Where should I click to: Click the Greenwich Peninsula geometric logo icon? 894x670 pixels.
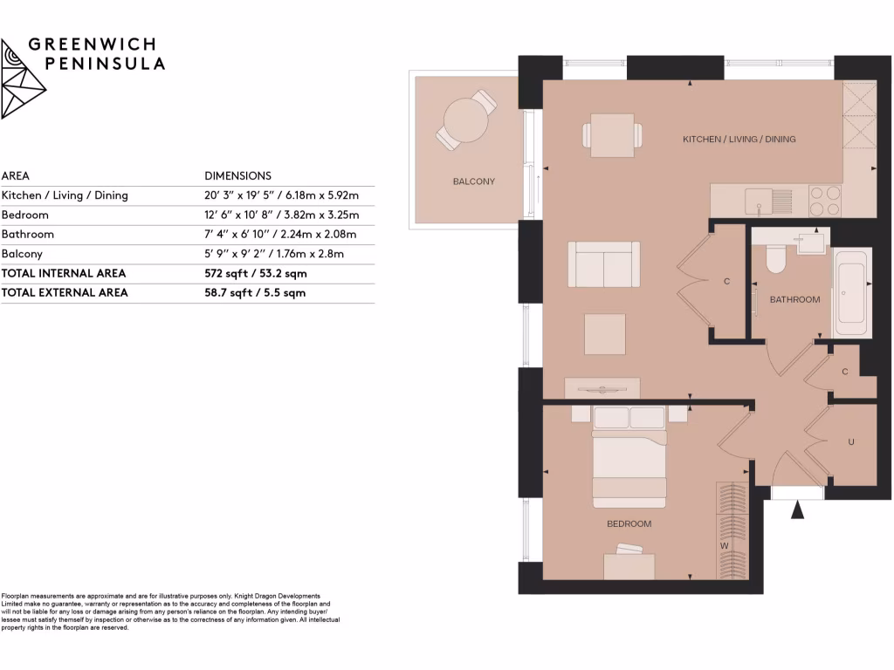click(x=24, y=78)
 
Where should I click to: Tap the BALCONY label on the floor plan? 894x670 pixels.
click(x=473, y=181)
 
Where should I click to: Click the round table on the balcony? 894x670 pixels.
click(x=465, y=120)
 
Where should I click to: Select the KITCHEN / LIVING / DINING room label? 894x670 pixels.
click(x=739, y=140)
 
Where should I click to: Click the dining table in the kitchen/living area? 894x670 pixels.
click(x=612, y=135)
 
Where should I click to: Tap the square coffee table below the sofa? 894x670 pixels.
click(x=604, y=334)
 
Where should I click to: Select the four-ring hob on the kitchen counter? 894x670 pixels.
click(x=825, y=201)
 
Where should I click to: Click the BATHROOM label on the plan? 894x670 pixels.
click(x=794, y=300)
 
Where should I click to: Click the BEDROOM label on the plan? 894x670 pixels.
click(x=629, y=524)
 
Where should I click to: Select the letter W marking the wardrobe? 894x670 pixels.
click(x=724, y=546)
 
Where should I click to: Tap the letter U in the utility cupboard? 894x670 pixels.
click(x=850, y=442)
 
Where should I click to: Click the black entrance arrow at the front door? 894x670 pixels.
click(x=797, y=510)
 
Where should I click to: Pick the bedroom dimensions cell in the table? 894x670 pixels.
click(x=281, y=215)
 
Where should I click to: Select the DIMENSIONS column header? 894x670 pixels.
click(x=237, y=175)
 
